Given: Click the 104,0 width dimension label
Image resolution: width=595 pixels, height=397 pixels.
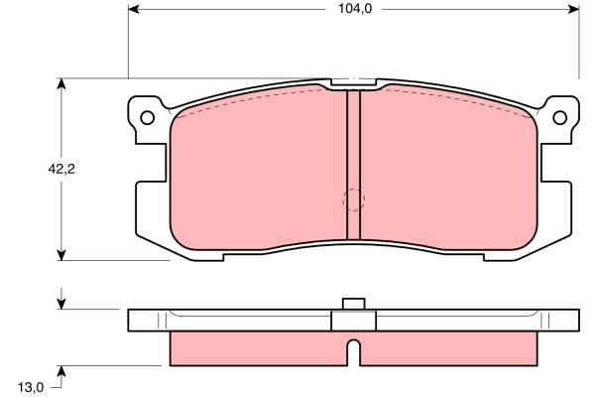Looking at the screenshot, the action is (x=355, y=9).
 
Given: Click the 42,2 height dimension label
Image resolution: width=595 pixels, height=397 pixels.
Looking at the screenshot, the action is (x=61, y=169).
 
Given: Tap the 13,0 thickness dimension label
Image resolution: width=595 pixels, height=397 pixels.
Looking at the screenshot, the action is (x=31, y=387).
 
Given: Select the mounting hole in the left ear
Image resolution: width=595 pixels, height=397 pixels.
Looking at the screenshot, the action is (x=147, y=117).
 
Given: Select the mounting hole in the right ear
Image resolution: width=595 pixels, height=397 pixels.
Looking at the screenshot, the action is (x=559, y=117).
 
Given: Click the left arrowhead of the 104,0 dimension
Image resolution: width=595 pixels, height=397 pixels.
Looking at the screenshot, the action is (x=134, y=9).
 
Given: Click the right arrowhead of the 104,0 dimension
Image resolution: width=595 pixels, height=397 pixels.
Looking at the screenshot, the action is (x=574, y=9).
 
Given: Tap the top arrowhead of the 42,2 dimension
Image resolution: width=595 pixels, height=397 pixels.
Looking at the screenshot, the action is (x=61, y=84).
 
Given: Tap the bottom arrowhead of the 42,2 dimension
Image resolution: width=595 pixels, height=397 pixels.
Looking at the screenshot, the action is (x=61, y=255).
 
